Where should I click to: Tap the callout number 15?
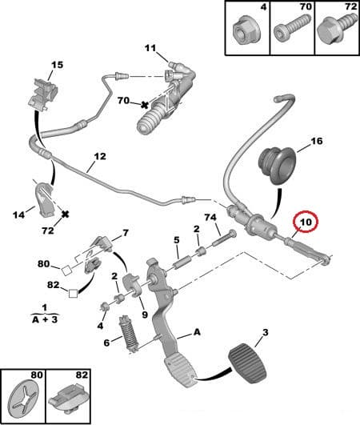[x=57, y=65]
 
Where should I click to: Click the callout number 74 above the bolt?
[x=210, y=218]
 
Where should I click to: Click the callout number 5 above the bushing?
[x=177, y=239]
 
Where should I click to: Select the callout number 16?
[x=316, y=142]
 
